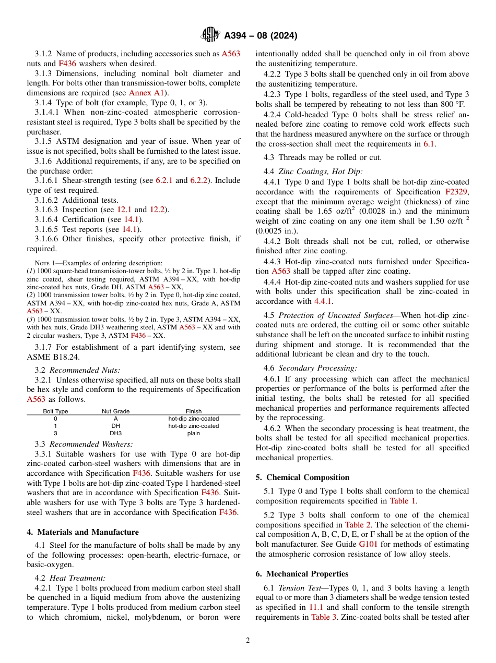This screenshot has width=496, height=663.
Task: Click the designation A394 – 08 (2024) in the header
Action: [261, 35]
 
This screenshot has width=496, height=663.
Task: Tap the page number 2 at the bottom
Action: [248, 641]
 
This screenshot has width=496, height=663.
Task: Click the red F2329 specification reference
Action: [457, 192]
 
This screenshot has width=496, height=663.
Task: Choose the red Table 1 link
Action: [403, 501]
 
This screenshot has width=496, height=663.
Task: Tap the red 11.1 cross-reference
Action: [315, 607]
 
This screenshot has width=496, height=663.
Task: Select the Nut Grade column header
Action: [115, 411]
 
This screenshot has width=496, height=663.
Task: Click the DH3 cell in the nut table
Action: [115, 433]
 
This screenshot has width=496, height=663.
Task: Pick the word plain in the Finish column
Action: [193, 433]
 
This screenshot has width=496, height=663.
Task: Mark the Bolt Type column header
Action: [55, 411]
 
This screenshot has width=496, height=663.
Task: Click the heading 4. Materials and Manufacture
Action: [82, 532]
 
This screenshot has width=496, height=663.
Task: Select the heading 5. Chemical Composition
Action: [302, 477]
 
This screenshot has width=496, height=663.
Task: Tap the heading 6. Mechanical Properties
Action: [302, 574]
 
